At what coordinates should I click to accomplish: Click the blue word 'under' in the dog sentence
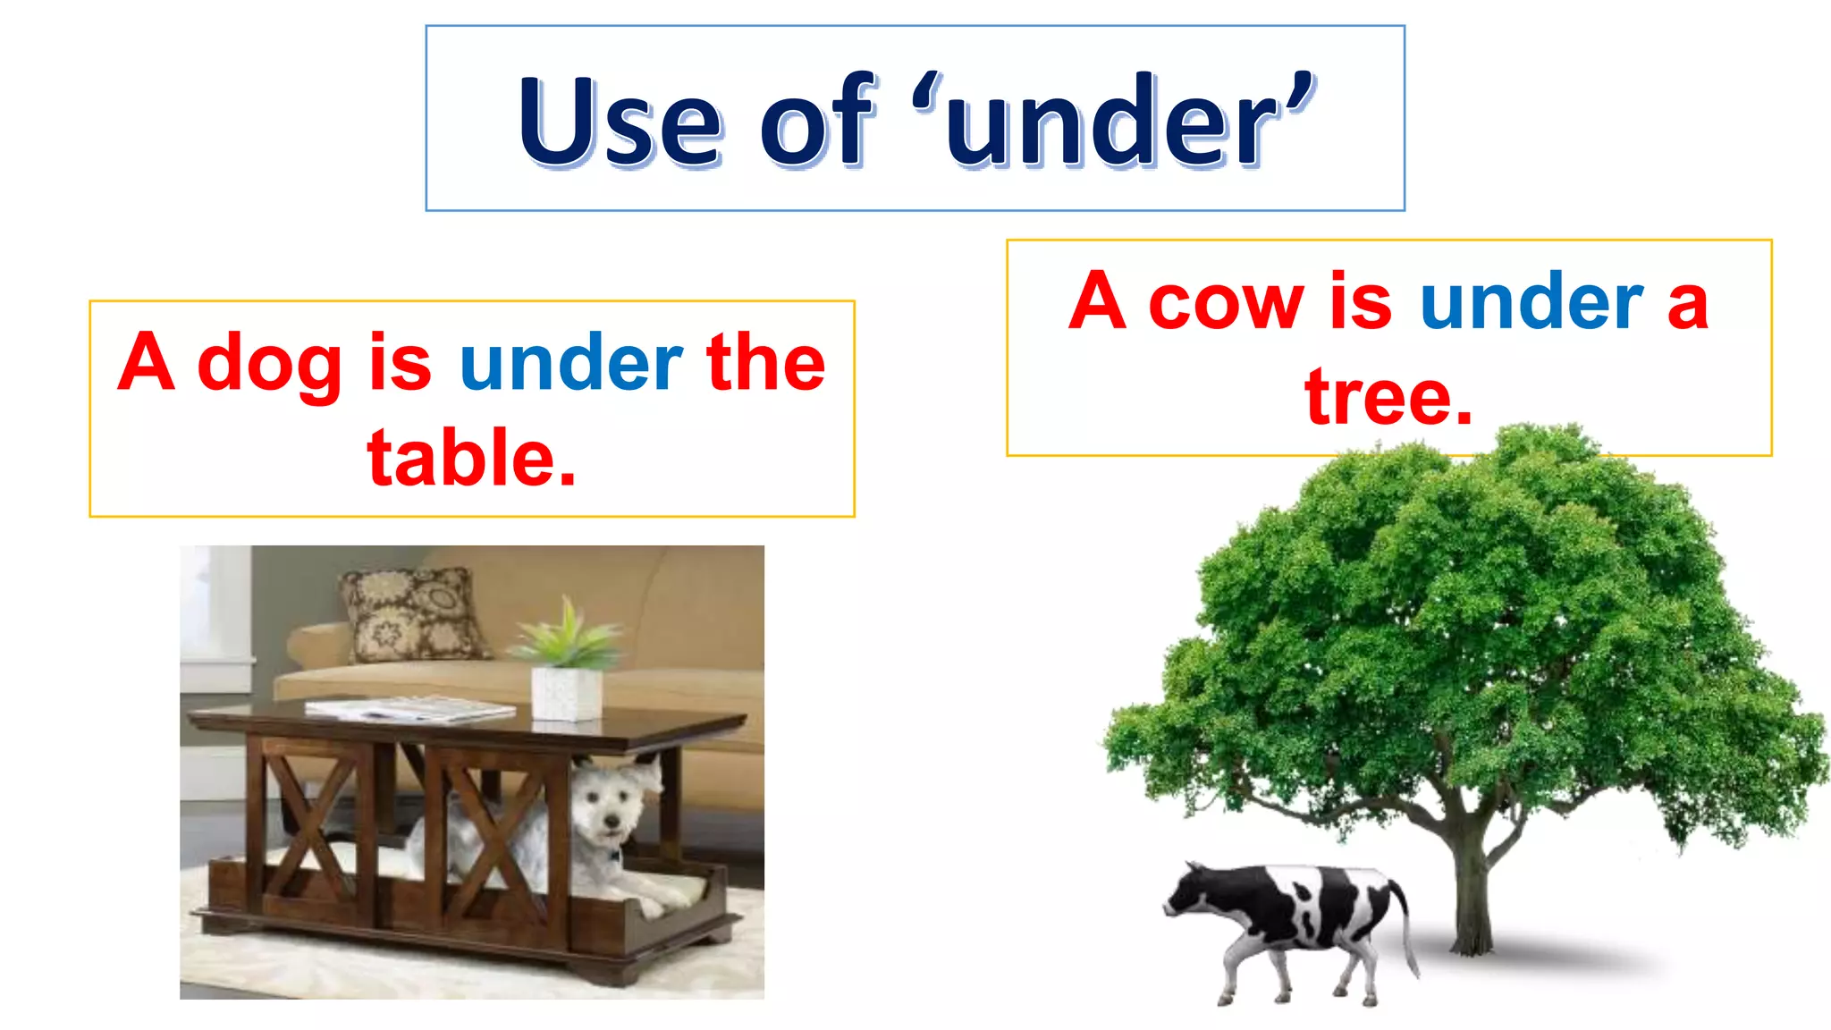(x=571, y=362)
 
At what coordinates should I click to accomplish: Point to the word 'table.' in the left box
(x=472, y=458)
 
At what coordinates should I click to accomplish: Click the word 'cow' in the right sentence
(x=1226, y=303)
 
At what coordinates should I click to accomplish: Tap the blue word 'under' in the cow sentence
(x=1531, y=303)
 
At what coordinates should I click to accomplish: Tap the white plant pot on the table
(x=566, y=693)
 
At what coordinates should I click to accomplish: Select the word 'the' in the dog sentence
(x=765, y=362)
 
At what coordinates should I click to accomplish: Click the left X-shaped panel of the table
(x=308, y=827)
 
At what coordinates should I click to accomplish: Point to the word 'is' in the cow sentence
(x=1361, y=301)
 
